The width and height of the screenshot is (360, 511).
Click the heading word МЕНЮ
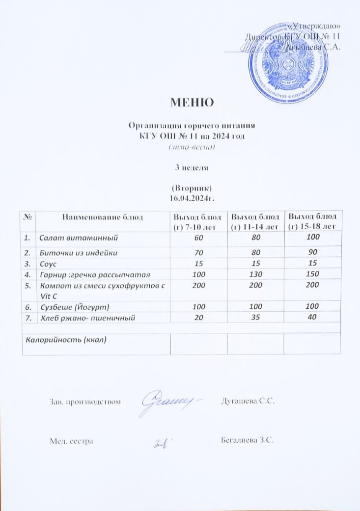tap(192, 102)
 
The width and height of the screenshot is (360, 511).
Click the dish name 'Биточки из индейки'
tap(81, 253)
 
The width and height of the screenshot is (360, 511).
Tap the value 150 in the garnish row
tap(311, 274)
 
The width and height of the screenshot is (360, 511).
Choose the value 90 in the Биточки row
tap(311, 253)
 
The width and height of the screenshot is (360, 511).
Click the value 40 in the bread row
tap(311, 318)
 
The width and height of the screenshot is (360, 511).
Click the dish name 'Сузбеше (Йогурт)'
tap(74, 307)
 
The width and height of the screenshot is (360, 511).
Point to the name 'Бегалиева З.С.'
tap(248, 440)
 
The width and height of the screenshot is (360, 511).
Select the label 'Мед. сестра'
tap(71, 441)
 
